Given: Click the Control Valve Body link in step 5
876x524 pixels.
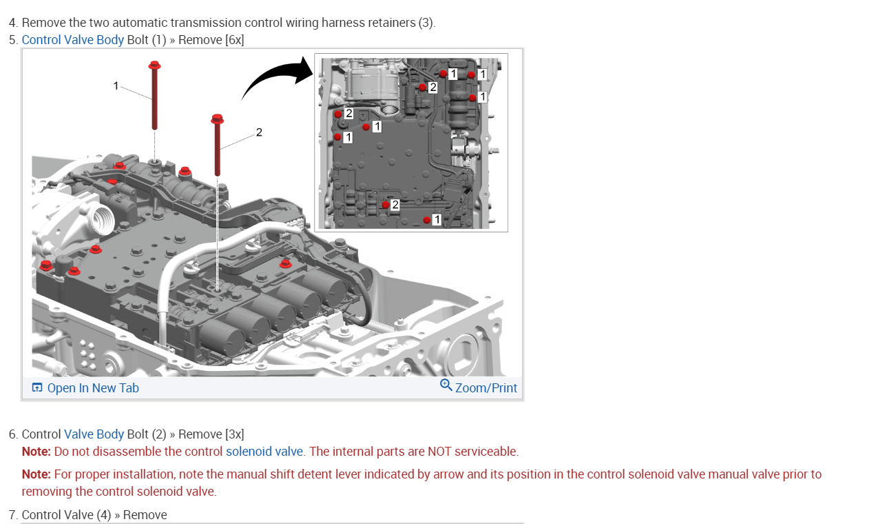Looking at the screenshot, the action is (73, 39).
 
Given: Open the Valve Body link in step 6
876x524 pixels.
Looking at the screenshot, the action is (94, 434).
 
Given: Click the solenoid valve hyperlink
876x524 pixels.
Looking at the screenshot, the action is (264, 452).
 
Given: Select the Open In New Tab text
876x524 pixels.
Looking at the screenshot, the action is (93, 388).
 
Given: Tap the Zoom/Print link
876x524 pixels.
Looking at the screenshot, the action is (486, 388).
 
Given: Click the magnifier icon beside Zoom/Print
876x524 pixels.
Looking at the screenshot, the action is (446, 385).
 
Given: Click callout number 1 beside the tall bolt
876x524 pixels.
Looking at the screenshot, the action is (116, 85).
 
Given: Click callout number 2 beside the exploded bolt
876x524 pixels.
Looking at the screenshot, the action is (259, 132).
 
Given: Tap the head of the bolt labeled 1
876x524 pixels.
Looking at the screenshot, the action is (154, 65).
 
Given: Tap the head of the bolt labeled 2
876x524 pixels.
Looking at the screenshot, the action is (218, 119).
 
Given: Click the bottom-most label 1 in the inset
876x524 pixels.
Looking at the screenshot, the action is (437, 219).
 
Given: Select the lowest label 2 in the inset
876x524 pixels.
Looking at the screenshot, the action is (395, 204).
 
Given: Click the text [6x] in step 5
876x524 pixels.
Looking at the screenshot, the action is (234, 39).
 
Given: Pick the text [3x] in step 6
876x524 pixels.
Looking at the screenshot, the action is (234, 434).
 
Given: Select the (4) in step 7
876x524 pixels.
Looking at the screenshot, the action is (104, 515).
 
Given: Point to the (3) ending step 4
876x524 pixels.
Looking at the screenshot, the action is (427, 23).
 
